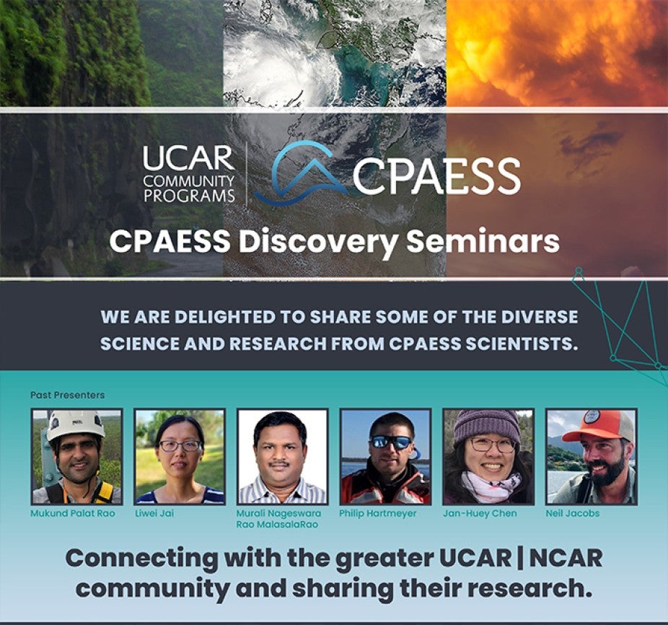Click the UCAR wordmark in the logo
pyautogui.click(x=188, y=158)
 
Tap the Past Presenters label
pyautogui.click(x=67, y=395)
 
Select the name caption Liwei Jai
pyautogui.click(x=154, y=513)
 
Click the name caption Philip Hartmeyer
pyautogui.click(x=378, y=514)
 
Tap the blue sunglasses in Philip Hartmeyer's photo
pyautogui.click(x=390, y=442)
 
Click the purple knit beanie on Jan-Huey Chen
pyautogui.click(x=486, y=427)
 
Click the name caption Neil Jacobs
pyautogui.click(x=573, y=514)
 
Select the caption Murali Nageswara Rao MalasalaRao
pyautogui.click(x=278, y=519)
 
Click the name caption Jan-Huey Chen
pyautogui.click(x=480, y=514)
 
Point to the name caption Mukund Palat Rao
pyautogui.click(x=72, y=513)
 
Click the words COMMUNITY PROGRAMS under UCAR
pyautogui.click(x=189, y=188)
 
